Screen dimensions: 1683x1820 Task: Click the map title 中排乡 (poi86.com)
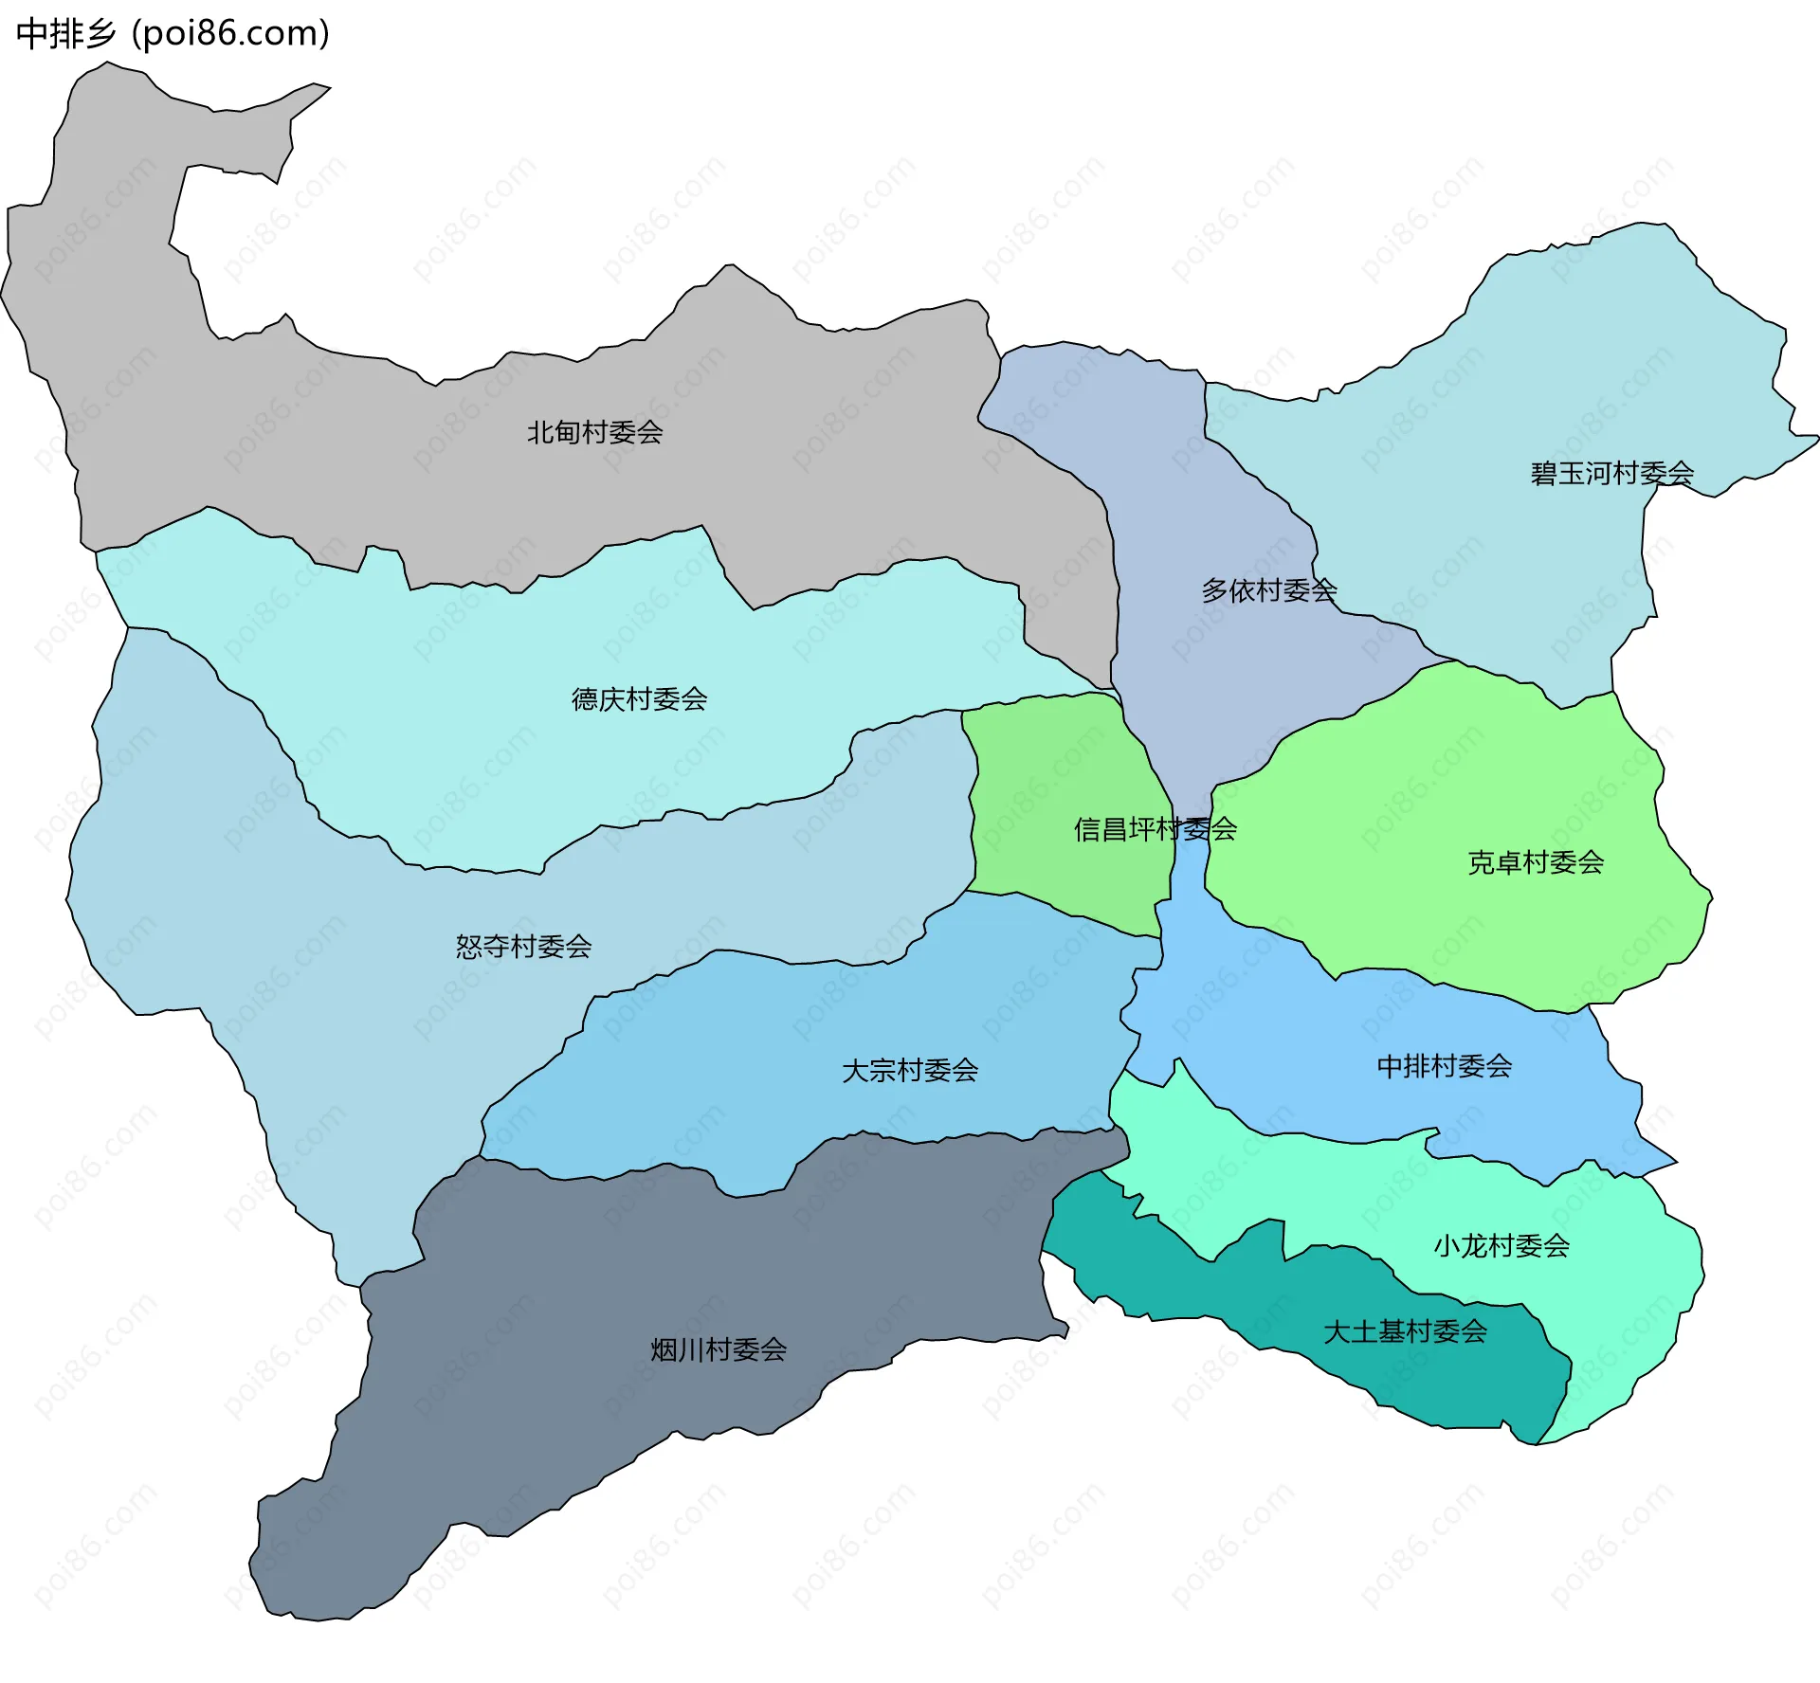point(173,34)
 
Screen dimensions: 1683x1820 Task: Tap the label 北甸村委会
point(594,433)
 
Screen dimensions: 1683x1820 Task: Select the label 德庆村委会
point(639,699)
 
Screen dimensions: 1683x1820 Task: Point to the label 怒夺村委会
point(523,947)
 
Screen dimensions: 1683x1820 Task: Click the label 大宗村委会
point(909,1071)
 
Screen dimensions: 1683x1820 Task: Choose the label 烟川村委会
point(719,1349)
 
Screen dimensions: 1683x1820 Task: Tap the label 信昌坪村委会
point(1155,830)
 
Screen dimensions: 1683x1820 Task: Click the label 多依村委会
point(1268,591)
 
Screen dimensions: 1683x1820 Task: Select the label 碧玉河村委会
point(1611,473)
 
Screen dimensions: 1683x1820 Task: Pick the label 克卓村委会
point(1535,862)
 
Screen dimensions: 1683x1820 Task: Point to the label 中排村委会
point(1444,1066)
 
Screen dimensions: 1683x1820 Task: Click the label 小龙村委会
point(1501,1245)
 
